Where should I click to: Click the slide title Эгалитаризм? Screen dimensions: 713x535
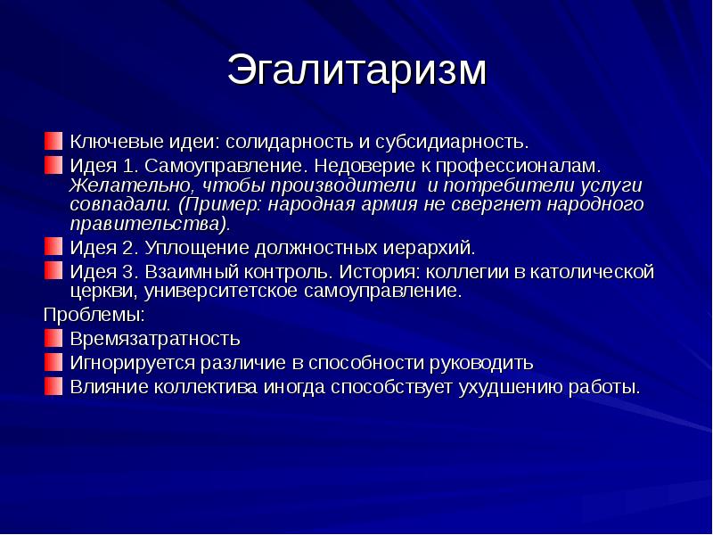coord(357,70)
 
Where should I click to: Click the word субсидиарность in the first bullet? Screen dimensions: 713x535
coord(452,142)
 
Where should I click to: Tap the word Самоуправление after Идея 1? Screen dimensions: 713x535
coord(224,166)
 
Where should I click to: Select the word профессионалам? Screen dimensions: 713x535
coord(519,166)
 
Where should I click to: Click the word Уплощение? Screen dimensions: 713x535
coord(197,248)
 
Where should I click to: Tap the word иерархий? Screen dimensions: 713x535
coord(429,248)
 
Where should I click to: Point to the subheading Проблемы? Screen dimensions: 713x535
coord(94,315)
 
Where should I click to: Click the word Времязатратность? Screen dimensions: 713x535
coord(155,339)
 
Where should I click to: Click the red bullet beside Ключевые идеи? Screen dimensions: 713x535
coord(53,141)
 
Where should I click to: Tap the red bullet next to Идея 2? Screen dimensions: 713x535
coord(53,247)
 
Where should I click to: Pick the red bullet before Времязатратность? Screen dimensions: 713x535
coord(53,338)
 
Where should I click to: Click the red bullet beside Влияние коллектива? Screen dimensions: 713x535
coord(53,386)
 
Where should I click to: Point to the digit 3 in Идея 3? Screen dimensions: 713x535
coord(127,272)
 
